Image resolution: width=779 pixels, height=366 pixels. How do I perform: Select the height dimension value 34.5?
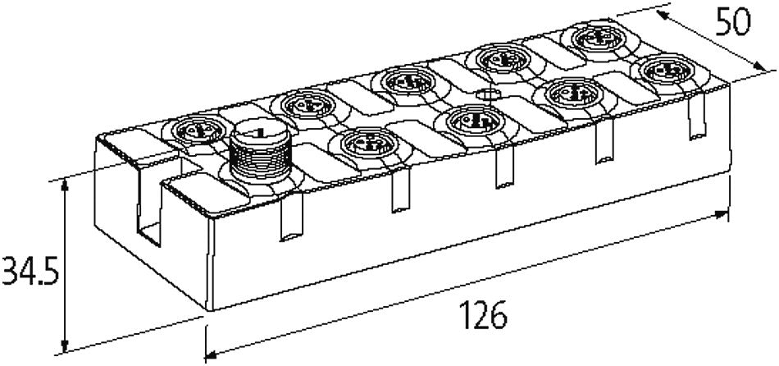pos(30,271)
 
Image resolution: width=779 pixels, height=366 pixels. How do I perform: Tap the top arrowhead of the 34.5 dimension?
pos(63,188)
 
